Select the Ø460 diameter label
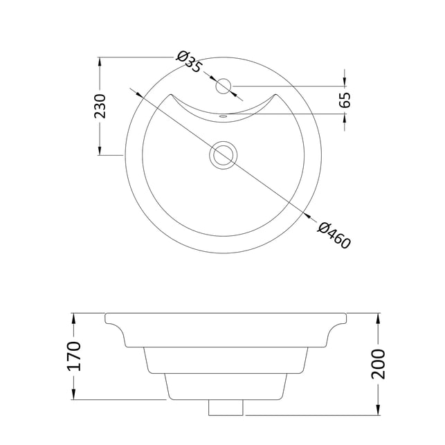(x=334, y=235)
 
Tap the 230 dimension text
(x=100, y=106)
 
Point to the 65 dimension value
(x=345, y=100)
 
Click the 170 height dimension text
(x=74, y=356)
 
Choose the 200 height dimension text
(x=379, y=364)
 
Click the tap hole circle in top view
(x=224, y=86)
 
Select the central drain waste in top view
(x=224, y=155)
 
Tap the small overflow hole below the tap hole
(x=224, y=116)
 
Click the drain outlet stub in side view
(x=226, y=407)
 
